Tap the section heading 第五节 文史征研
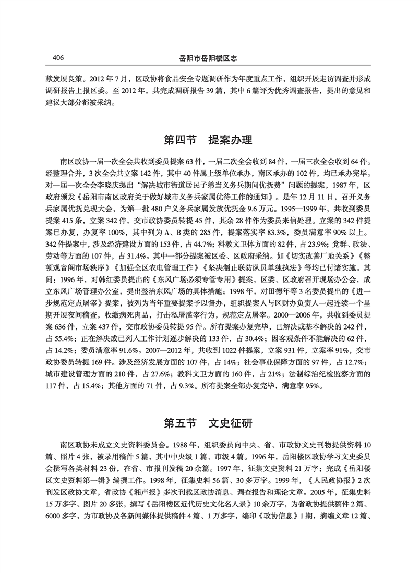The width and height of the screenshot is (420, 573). point(208,422)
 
